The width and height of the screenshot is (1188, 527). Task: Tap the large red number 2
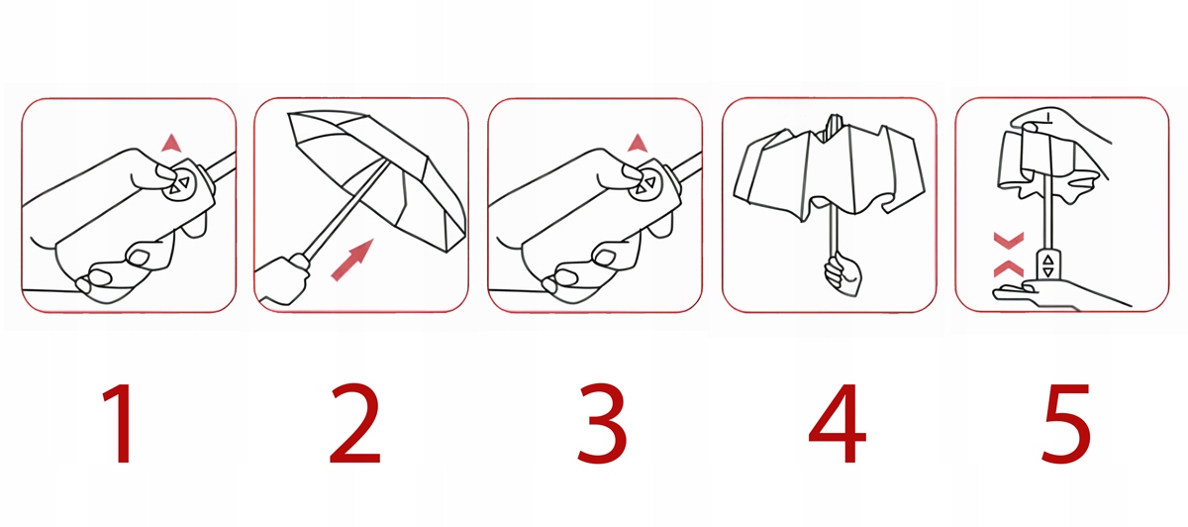coord(354,424)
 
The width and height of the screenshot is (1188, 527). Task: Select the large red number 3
coord(603,424)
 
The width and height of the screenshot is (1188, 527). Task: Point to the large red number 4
coord(837,424)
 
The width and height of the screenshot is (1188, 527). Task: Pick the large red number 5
coord(1066,424)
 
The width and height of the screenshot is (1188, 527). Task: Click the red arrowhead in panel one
coord(172,144)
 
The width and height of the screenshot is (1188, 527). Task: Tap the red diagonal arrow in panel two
coord(352,260)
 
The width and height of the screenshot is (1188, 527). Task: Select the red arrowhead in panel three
coord(638,144)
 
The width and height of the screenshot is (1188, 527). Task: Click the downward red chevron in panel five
coord(1008,241)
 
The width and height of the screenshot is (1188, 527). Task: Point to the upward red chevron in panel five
coord(1008,268)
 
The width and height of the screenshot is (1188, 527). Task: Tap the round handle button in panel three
coord(645,184)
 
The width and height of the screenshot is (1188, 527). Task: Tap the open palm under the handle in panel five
coord(1055,295)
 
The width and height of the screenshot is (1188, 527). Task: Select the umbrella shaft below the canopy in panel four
coord(835,229)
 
